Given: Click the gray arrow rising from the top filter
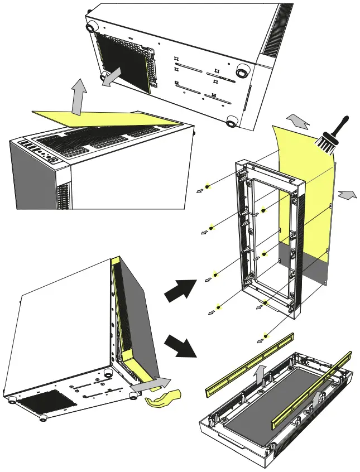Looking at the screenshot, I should click(x=79, y=97).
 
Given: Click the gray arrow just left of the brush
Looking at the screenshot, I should click(x=299, y=121).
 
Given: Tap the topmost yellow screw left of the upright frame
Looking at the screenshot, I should click(x=208, y=185).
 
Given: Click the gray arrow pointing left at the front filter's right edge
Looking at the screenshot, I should click(x=346, y=195).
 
